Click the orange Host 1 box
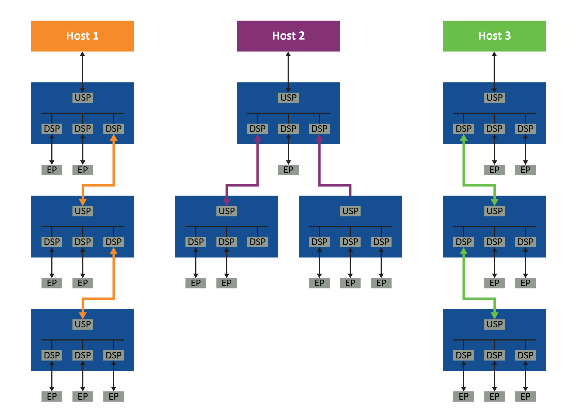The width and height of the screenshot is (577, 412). click(x=82, y=36)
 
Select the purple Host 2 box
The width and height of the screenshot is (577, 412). click(x=288, y=36)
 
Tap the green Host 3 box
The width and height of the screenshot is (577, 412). click(x=495, y=36)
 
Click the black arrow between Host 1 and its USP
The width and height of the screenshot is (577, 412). click(x=82, y=72)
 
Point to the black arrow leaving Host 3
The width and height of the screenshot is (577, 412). click(x=494, y=72)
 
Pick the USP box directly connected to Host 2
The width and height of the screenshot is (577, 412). click(x=288, y=98)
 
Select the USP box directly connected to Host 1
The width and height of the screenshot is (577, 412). click(x=83, y=98)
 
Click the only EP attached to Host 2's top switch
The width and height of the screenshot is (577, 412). click(x=288, y=170)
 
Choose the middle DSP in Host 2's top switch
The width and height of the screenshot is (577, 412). click(x=288, y=129)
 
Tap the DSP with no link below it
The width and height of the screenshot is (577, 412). click(x=258, y=242)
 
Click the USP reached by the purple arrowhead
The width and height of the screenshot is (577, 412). click(x=227, y=211)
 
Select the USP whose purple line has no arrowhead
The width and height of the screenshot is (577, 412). click(x=350, y=211)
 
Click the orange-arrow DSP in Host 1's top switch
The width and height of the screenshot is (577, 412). click(x=114, y=129)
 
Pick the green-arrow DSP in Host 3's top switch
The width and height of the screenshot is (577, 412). click(x=464, y=129)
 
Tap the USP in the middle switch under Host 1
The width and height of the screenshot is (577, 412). click(x=83, y=211)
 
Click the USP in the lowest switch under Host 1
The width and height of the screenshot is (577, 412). click(x=83, y=324)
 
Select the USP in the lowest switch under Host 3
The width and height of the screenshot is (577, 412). click(x=495, y=324)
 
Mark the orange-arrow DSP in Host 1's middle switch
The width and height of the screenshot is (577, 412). click(x=114, y=242)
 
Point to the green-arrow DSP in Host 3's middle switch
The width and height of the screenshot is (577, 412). click(x=464, y=242)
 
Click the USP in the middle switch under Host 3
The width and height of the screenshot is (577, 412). click(x=495, y=211)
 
